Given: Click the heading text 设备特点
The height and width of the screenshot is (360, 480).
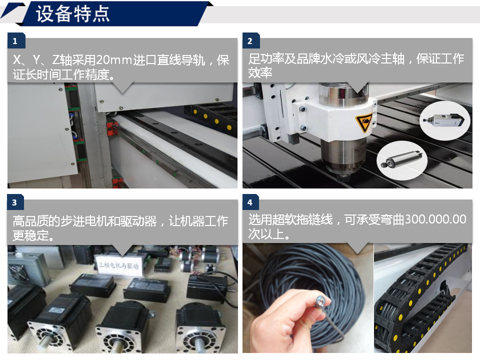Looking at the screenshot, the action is coord(72,14).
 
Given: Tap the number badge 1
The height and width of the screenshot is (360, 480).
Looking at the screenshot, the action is coord(15,40).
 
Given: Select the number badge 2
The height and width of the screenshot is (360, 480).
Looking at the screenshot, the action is coord(250,40).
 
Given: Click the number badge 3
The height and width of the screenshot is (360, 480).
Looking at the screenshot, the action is coord(15,202).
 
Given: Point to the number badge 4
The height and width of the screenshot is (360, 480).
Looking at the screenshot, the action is coord(250,202).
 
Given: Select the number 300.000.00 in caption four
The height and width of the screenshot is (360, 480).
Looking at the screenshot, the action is coord(435,219).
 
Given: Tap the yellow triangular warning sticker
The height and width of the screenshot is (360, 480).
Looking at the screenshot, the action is coord(363,122).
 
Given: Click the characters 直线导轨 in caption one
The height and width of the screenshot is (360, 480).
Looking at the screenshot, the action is coord(180,59).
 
